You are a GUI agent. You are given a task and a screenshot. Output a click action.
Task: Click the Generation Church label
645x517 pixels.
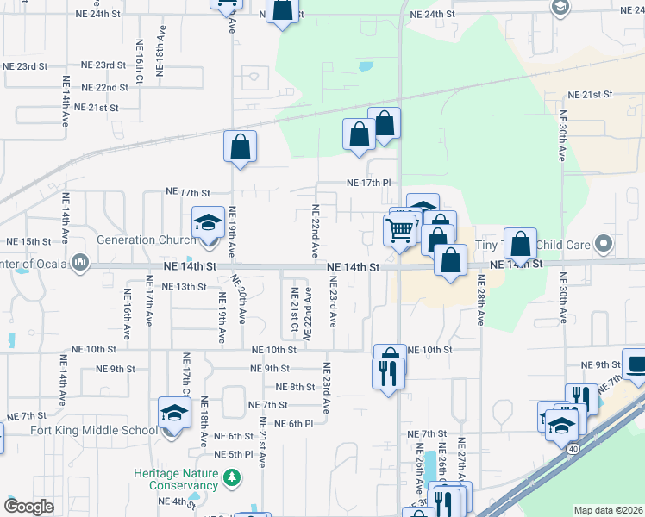[x=147, y=240]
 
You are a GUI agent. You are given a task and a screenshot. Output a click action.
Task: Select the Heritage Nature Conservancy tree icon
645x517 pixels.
[x=231, y=477]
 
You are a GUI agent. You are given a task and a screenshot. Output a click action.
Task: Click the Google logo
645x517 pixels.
[x=28, y=507]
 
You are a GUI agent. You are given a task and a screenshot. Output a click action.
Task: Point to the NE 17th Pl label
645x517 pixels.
[x=369, y=183]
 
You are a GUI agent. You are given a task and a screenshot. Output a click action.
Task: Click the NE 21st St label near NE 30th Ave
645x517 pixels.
[x=589, y=94]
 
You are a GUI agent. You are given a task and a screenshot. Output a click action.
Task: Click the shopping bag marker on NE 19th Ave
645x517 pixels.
[x=241, y=147]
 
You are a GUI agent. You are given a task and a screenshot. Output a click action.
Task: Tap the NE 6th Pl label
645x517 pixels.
[x=293, y=423]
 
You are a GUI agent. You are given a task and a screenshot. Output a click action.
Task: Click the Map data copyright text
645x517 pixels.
[x=608, y=510]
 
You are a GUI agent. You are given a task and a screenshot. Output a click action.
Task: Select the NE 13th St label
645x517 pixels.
[x=185, y=286]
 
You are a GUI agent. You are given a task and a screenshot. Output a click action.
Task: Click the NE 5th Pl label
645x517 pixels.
[x=234, y=454]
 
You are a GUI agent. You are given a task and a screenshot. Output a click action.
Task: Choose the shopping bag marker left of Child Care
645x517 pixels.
[x=521, y=245]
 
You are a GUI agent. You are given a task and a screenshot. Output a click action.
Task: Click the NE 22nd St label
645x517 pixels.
[x=106, y=88]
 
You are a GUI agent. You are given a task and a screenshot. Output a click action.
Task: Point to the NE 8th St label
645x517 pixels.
[x=296, y=387]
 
